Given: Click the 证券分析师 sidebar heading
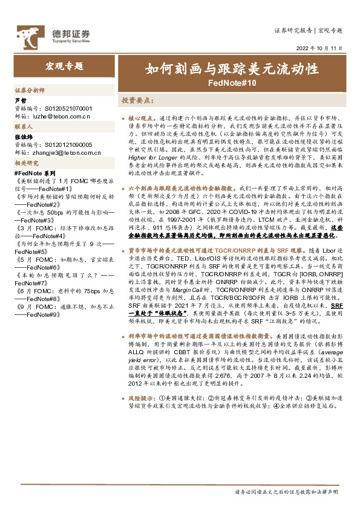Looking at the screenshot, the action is pyautogui.click(x=30, y=89).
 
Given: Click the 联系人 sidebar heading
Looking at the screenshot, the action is pyautogui.click(x=24, y=127).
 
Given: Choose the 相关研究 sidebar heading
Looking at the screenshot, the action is pyautogui.click(x=27, y=164).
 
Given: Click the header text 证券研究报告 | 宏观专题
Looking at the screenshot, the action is pyautogui.click(x=308, y=30).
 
